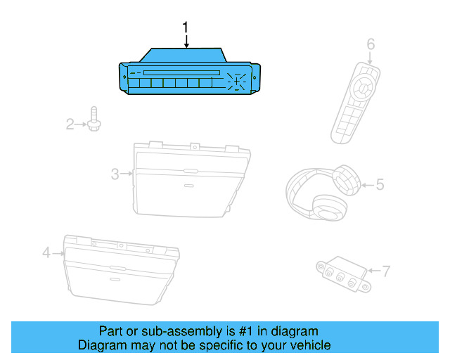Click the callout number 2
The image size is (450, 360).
click(x=70, y=124)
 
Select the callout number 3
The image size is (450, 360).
click(x=115, y=174)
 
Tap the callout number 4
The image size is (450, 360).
click(x=46, y=252)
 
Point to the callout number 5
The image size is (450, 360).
click(x=380, y=185)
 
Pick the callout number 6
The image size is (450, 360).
click(x=371, y=44)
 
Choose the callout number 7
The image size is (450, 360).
click(x=385, y=270)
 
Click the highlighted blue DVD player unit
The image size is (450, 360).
click(x=190, y=74)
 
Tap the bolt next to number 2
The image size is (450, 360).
click(x=94, y=120)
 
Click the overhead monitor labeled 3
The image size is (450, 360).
click(x=190, y=179)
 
